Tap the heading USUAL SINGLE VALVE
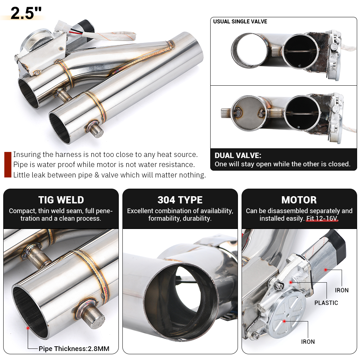coord(240,22)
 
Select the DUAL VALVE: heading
coord(238,156)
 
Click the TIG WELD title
coord(61,200)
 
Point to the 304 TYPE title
coord(180,200)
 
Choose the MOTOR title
coord(299,200)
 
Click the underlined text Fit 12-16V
coord(322,219)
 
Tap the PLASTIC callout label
coord(326,303)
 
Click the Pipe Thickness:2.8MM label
coord(74,348)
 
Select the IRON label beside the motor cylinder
coord(342,290)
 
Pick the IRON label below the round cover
coord(308,342)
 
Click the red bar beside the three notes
coord(8,165)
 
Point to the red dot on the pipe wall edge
coord(27,328)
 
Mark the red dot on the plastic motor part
coord(290,283)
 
